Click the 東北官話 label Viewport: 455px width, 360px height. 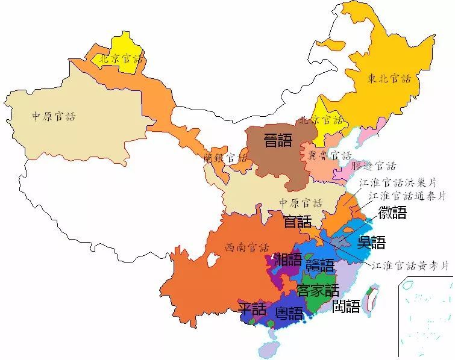(389, 78)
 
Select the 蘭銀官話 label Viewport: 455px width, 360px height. (225, 158)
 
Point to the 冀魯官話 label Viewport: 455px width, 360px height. (330, 155)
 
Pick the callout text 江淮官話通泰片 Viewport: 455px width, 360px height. (407, 196)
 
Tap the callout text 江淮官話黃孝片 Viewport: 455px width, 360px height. (410, 265)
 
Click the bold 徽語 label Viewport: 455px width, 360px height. (392, 213)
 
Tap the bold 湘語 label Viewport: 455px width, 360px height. (288, 260)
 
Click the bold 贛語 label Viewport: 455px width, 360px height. (319, 265)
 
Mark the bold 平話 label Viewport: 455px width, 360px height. (252, 309)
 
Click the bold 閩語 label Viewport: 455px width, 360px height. (347, 306)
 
